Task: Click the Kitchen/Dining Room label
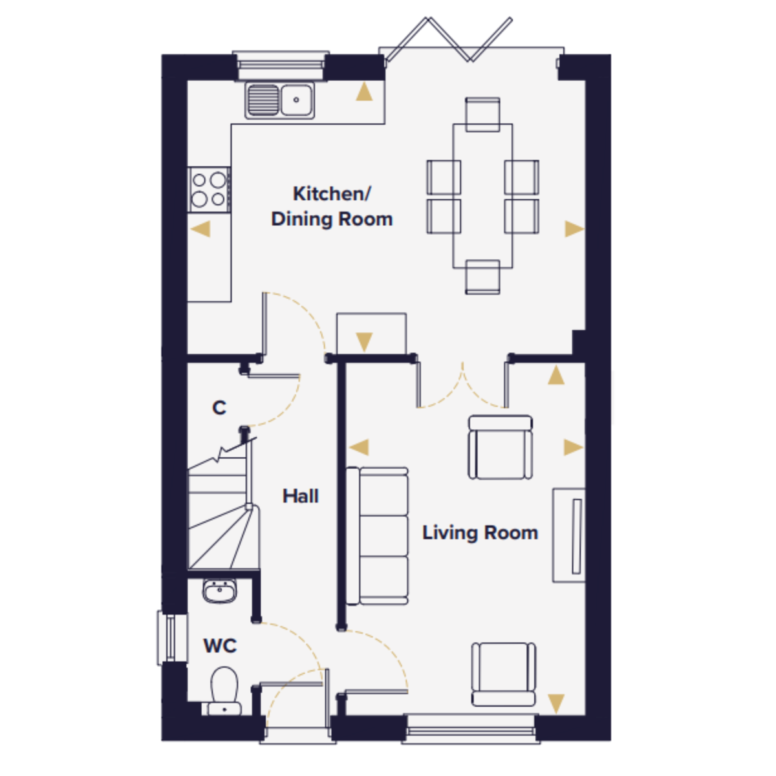(332, 206)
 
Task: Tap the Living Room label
(480, 533)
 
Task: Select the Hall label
(301, 496)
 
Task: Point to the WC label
(220, 646)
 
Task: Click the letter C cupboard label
(219, 408)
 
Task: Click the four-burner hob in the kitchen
(209, 189)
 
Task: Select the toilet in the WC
(224, 692)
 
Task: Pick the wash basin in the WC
(219, 592)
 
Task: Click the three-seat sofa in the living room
(377, 536)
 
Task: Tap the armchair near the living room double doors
(500, 447)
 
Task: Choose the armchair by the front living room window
(503, 674)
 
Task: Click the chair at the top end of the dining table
(482, 114)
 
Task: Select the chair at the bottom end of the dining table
(482, 277)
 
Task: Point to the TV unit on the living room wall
(568, 535)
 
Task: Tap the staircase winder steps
(222, 537)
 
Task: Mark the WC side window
(172, 638)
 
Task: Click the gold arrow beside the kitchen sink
(364, 91)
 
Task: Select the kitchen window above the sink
(281, 65)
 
